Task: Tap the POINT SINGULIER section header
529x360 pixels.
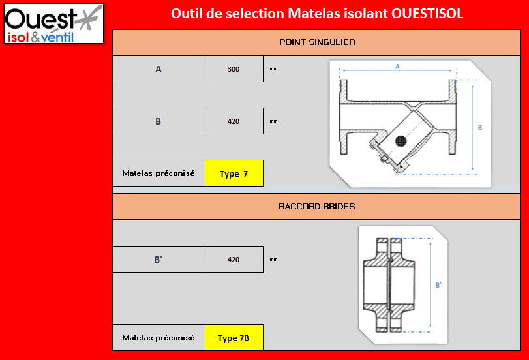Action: tap(317, 42)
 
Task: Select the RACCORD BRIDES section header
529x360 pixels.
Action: tap(317, 207)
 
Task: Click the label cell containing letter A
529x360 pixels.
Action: tap(159, 69)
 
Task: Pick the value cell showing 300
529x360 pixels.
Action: tap(234, 69)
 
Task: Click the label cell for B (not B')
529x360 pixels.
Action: tap(159, 121)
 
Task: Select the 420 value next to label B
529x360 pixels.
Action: tap(234, 121)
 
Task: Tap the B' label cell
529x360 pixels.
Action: tap(159, 260)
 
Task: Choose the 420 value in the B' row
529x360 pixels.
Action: tap(234, 260)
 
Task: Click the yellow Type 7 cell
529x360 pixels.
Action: tap(234, 173)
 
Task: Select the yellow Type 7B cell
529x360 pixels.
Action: tap(234, 338)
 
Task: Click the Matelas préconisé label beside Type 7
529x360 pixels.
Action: tap(159, 173)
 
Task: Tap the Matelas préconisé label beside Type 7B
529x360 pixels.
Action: tap(159, 338)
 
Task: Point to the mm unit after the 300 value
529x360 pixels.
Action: tap(273, 68)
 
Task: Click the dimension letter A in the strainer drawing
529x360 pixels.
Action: tap(397, 67)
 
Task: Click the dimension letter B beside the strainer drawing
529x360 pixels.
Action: tap(480, 128)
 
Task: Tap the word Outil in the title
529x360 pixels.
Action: tap(185, 14)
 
